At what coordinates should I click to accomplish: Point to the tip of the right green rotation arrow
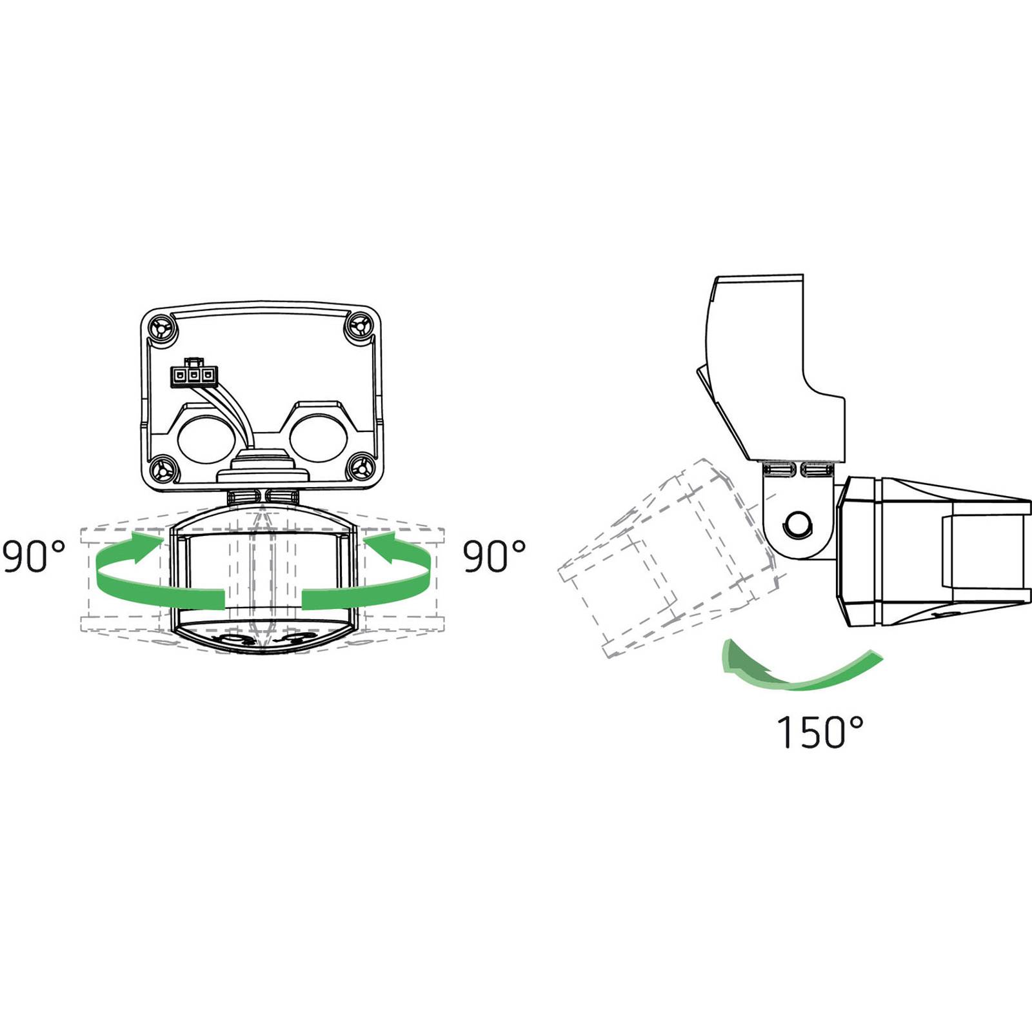(x=362, y=539)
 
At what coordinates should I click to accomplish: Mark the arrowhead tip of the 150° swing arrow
(x=724, y=671)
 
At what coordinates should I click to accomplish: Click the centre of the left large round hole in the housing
(x=206, y=438)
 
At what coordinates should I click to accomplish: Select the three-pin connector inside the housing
(x=193, y=375)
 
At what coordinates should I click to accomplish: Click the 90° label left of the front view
(x=34, y=557)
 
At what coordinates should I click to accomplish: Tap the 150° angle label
(x=820, y=732)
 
